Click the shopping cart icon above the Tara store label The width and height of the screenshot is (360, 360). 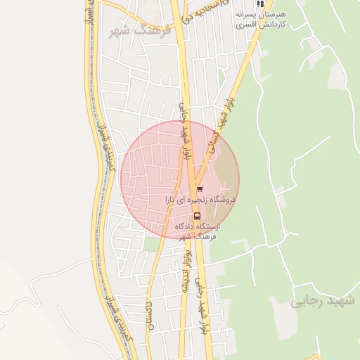[x=200, y=188]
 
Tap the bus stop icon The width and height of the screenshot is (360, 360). [x=196, y=216]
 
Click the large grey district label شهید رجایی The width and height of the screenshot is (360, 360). [x=323, y=301]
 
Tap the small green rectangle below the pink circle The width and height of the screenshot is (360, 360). [x=153, y=244]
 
